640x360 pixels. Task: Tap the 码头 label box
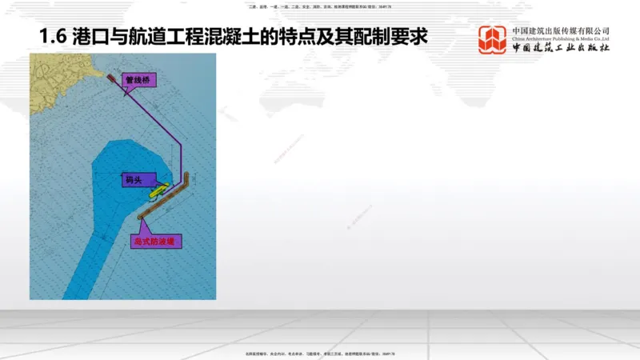click(x=133, y=181)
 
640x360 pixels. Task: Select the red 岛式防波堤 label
click(x=156, y=240)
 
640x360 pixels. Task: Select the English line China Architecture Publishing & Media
click(x=561, y=38)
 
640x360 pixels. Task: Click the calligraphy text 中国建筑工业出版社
click(x=561, y=47)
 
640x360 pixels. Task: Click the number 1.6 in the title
click(x=52, y=38)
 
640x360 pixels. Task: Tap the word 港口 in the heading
click(x=88, y=38)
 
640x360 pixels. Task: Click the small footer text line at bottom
click(x=319, y=353)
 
